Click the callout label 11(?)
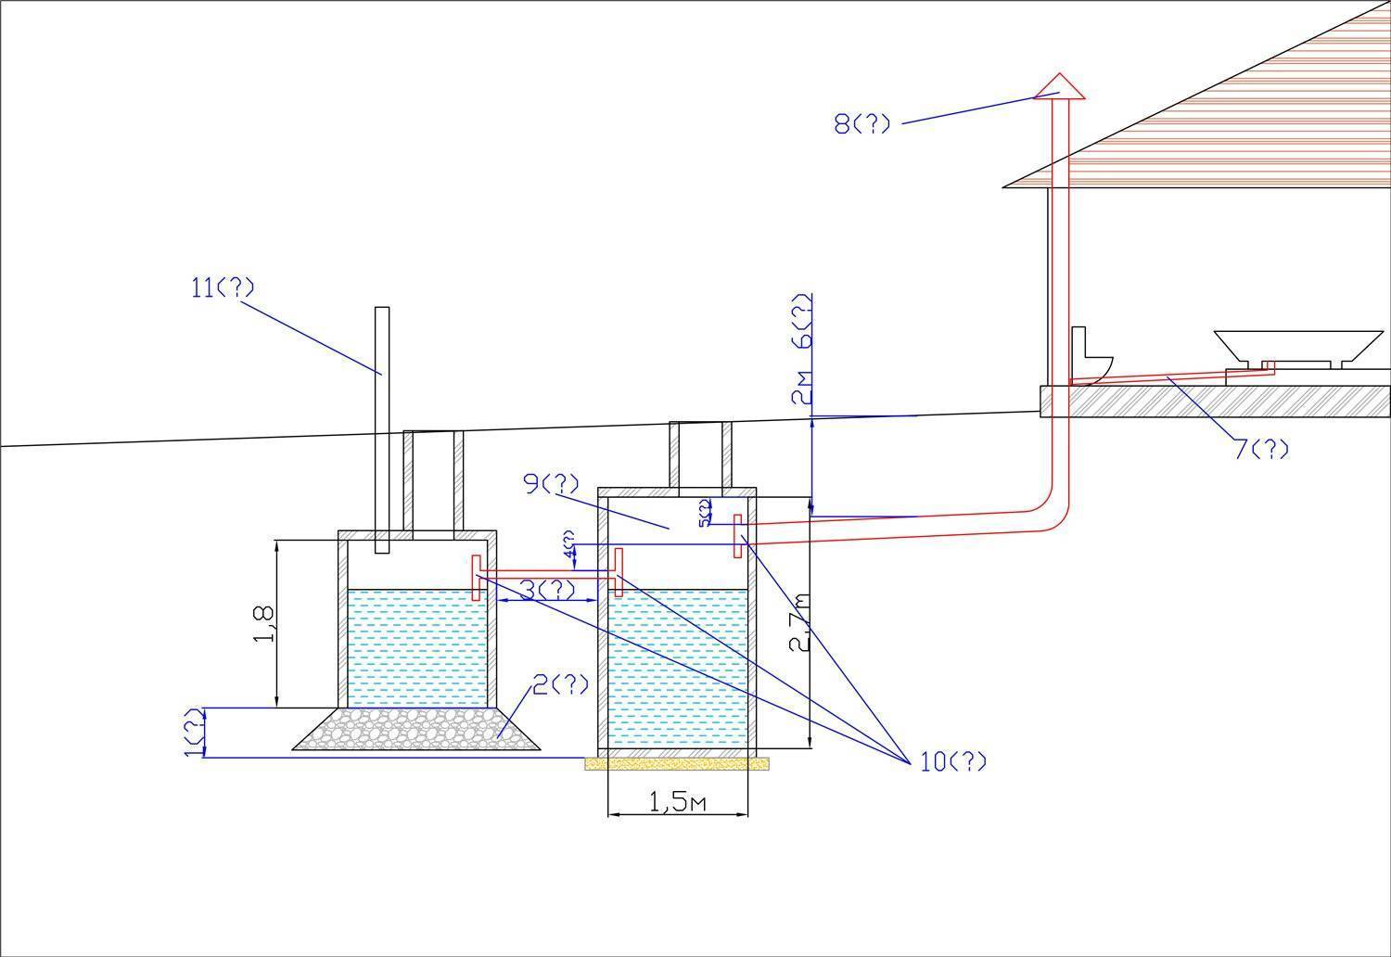click(222, 287)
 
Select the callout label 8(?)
click(861, 123)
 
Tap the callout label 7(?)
click(1261, 450)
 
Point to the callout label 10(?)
click(953, 762)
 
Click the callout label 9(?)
click(551, 483)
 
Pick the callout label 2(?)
click(560, 685)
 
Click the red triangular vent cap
click(1059, 86)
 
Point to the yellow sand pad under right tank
click(677, 763)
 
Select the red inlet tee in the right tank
click(737, 535)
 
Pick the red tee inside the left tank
click(477, 577)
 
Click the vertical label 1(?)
click(192, 732)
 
